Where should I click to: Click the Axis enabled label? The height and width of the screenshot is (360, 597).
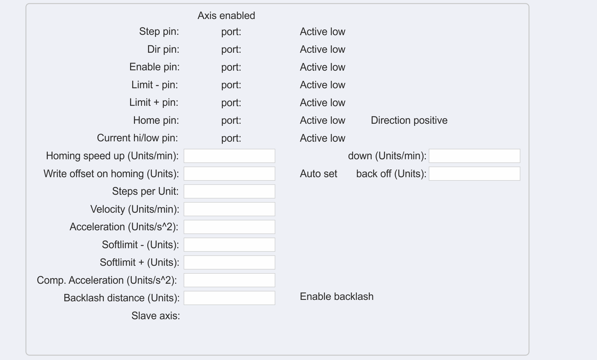pos(226,15)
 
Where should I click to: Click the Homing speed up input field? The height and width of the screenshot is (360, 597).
pos(229,156)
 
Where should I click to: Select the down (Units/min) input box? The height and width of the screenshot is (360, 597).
pos(474,156)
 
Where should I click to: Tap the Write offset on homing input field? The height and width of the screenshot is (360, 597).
pos(229,174)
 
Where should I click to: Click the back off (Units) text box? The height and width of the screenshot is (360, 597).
pos(474,174)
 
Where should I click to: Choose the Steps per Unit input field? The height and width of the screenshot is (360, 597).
pos(229,192)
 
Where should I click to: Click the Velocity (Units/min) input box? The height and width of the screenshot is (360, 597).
pos(229,209)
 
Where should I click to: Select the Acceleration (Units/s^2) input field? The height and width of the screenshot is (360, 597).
pos(229,227)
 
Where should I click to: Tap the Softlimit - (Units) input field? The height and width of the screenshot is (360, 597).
pos(229,245)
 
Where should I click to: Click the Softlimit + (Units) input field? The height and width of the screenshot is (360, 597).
pos(229,263)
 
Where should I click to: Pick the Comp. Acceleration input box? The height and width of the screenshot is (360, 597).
pos(229,280)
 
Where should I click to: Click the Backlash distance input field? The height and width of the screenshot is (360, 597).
pos(229,298)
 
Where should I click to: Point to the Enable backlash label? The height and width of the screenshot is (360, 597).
pos(336,296)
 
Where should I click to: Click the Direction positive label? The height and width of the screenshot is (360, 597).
pos(409,120)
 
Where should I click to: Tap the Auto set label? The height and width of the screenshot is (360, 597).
pos(318,174)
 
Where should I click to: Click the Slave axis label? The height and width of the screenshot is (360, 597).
pos(155,316)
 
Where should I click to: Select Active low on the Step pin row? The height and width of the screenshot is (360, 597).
pos(322,32)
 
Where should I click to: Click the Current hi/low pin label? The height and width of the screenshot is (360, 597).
pos(137,138)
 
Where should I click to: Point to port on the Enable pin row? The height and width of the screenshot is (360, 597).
pos(231,67)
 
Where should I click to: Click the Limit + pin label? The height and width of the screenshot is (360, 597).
pos(154,102)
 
